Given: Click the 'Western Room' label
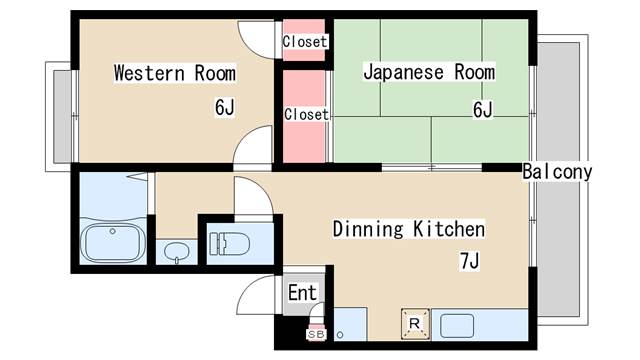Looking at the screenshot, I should point(174,73).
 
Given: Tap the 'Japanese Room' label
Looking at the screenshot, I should point(428,72).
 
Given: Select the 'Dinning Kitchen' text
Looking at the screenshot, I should point(408,230).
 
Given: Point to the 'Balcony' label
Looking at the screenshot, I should point(558,172).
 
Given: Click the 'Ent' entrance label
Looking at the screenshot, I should point(301,293).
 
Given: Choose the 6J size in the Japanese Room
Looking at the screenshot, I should point(482,109).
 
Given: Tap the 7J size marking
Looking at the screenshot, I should point(470,262).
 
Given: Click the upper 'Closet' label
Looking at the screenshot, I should point(305,42).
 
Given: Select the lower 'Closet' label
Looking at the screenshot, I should point(306,114).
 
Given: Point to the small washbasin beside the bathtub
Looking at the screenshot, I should point(176,250).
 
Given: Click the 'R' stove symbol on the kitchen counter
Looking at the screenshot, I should point(413,323).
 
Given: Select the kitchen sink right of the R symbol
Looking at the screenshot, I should point(456,325).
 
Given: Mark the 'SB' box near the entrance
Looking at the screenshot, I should point(315,334).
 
